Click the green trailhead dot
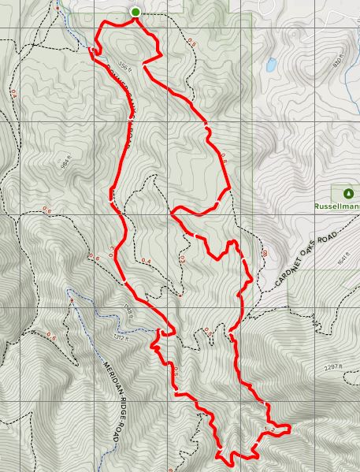[135, 12]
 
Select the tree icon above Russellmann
[347, 193]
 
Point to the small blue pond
[271, 65]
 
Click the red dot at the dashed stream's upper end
[71, 301]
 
